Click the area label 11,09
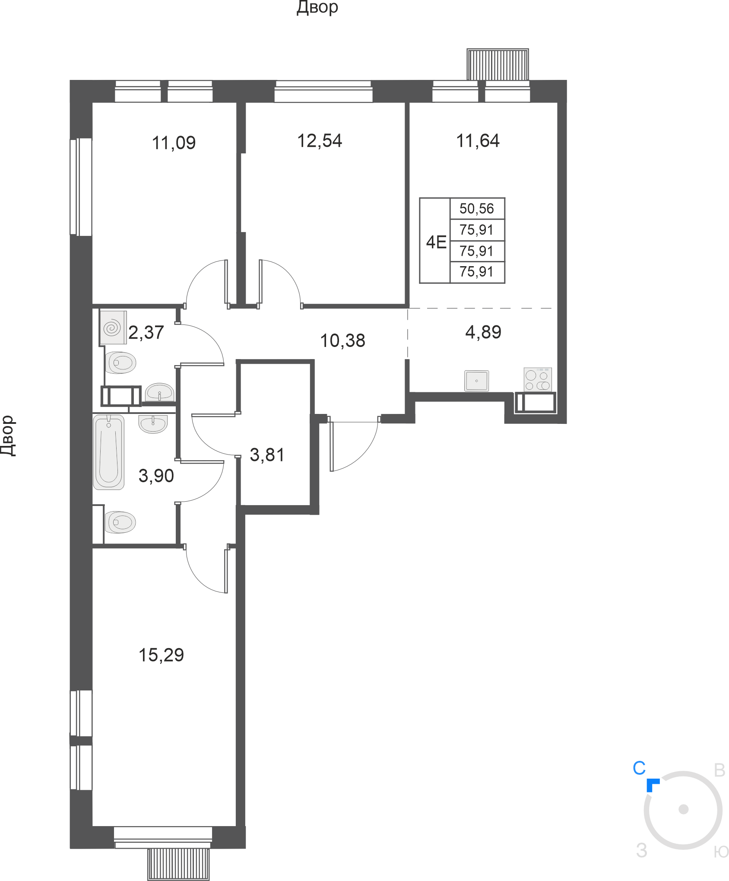pyautogui.click(x=174, y=143)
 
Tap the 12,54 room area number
pyautogui.click(x=320, y=141)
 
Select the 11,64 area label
pyautogui.click(x=478, y=141)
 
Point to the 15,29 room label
pyautogui.click(x=161, y=655)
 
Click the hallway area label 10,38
pyautogui.click(x=342, y=340)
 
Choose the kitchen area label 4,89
pyautogui.click(x=483, y=332)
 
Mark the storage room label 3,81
pyautogui.click(x=267, y=455)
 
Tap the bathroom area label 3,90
pyautogui.click(x=156, y=476)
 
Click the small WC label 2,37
pyautogui.click(x=146, y=332)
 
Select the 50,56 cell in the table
pyautogui.click(x=476, y=209)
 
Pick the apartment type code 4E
pyautogui.click(x=436, y=242)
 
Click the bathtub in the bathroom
pyautogui.click(x=109, y=452)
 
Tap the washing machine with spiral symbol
pyautogui.click(x=113, y=328)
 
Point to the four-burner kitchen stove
pyautogui.click(x=538, y=379)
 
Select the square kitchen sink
pyautogui.click(x=477, y=381)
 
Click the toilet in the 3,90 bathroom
pyautogui.click(x=120, y=522)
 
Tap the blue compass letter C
pyautogui.click(x=639, y=768)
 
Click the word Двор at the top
pyautogui.click(x=317, y=8)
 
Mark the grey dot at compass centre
pyautogui.click(x=683, y=809)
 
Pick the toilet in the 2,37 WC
pyautogui.click(x=121, y=363)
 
